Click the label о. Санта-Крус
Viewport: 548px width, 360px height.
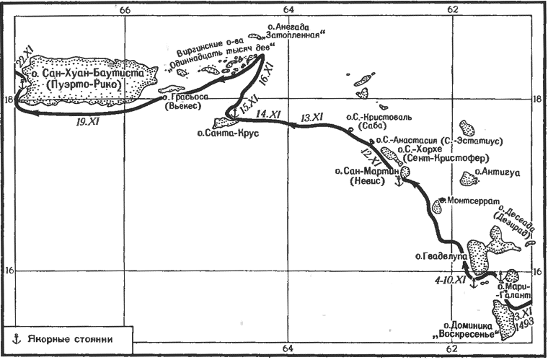(x=229, y=133)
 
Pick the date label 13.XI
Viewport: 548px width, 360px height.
(x=311, y=118)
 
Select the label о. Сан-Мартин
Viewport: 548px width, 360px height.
(x=366, y=172)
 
